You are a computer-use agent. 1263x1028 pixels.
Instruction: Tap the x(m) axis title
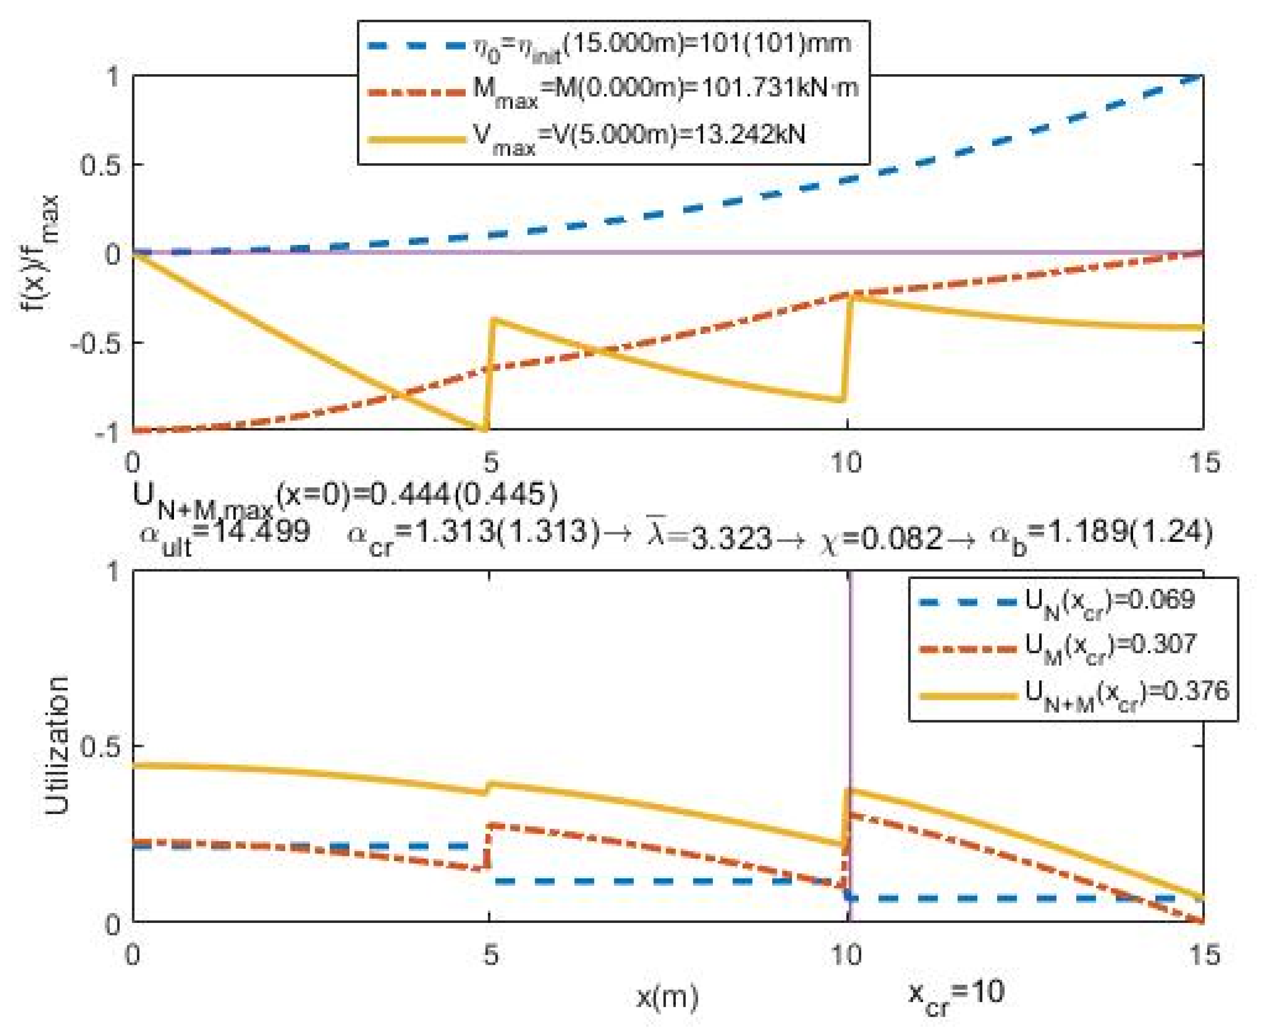point(667,997)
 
